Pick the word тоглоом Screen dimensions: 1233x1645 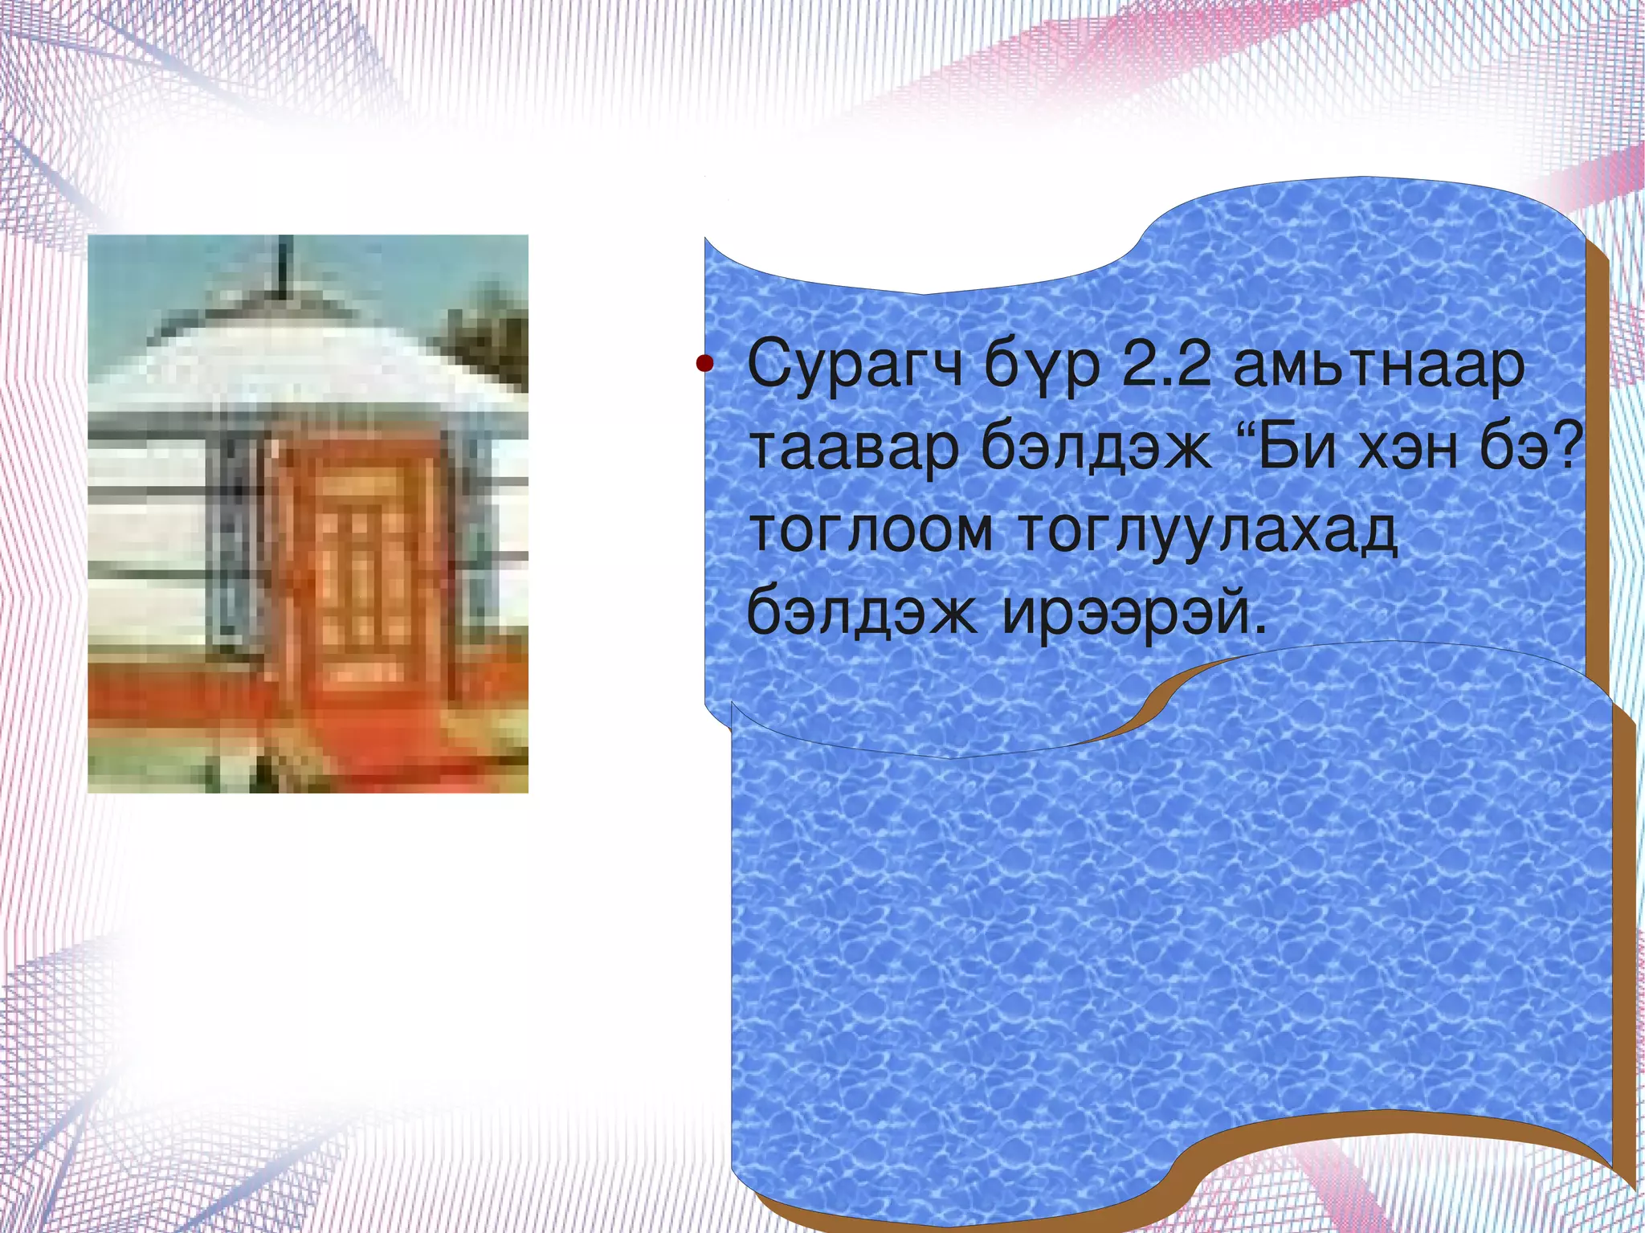coord(871,532)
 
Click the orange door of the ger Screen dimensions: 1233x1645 coord(361,562)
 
